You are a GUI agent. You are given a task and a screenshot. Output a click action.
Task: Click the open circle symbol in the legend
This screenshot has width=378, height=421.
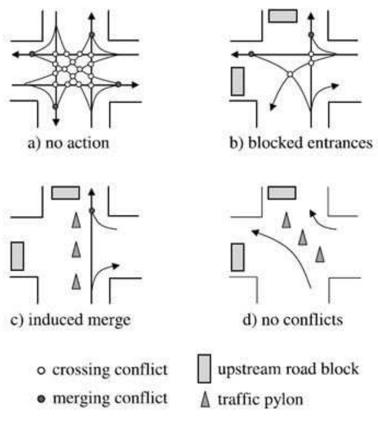tap(42, 372)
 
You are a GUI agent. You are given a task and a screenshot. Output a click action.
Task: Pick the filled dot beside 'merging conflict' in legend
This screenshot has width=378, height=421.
tap(42, 398)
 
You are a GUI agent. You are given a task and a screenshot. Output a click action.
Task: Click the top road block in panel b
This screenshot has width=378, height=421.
tap(283, 15)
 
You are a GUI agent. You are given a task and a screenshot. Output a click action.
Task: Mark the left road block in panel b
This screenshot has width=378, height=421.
tap(237, 81)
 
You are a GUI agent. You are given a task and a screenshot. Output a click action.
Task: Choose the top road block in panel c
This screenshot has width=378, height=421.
tap(65, 192)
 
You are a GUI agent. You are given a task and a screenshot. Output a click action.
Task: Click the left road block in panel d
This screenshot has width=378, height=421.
tap(237, 257)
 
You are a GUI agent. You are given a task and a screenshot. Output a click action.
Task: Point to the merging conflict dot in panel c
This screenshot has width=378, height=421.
tap(92, 211)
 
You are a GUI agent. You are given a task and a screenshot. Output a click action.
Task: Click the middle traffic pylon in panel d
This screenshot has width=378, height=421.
tap(303, 238)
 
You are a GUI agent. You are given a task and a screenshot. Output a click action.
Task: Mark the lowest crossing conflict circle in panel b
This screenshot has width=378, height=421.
tap(290, 74)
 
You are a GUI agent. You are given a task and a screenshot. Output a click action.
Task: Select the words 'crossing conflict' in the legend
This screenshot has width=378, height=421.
tap(109, 371)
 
